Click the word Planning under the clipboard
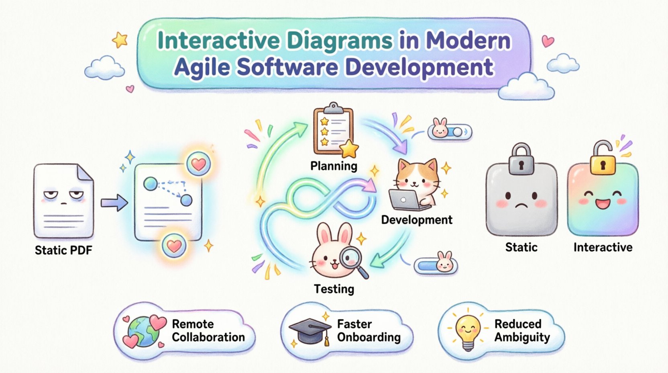pos(334,166)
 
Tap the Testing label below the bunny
pos(334,289)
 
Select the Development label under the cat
pos(416,219)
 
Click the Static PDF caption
pos(63,250)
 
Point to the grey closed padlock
pos(521,159)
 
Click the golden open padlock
pos(603,158)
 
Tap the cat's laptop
pos(405,200)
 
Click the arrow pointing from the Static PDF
pos(114,202)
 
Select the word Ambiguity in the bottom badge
pos(522,337)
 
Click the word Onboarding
pos(369,337)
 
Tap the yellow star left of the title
pos(120,40)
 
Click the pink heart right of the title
pos(548,41)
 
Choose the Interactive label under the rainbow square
pos(603,247)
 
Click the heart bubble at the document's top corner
pos(199,164)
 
